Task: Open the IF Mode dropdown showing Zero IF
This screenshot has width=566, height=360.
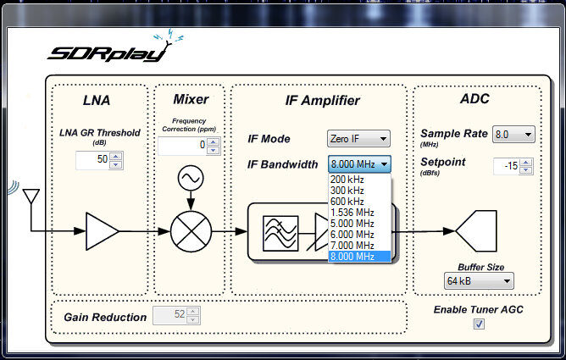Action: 358,139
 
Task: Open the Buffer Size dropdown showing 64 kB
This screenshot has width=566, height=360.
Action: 479,280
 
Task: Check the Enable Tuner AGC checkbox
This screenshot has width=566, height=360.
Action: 479,324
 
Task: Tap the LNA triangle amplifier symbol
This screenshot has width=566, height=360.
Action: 102,230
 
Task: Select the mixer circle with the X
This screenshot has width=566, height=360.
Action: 190,230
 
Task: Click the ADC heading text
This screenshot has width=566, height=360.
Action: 474,100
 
